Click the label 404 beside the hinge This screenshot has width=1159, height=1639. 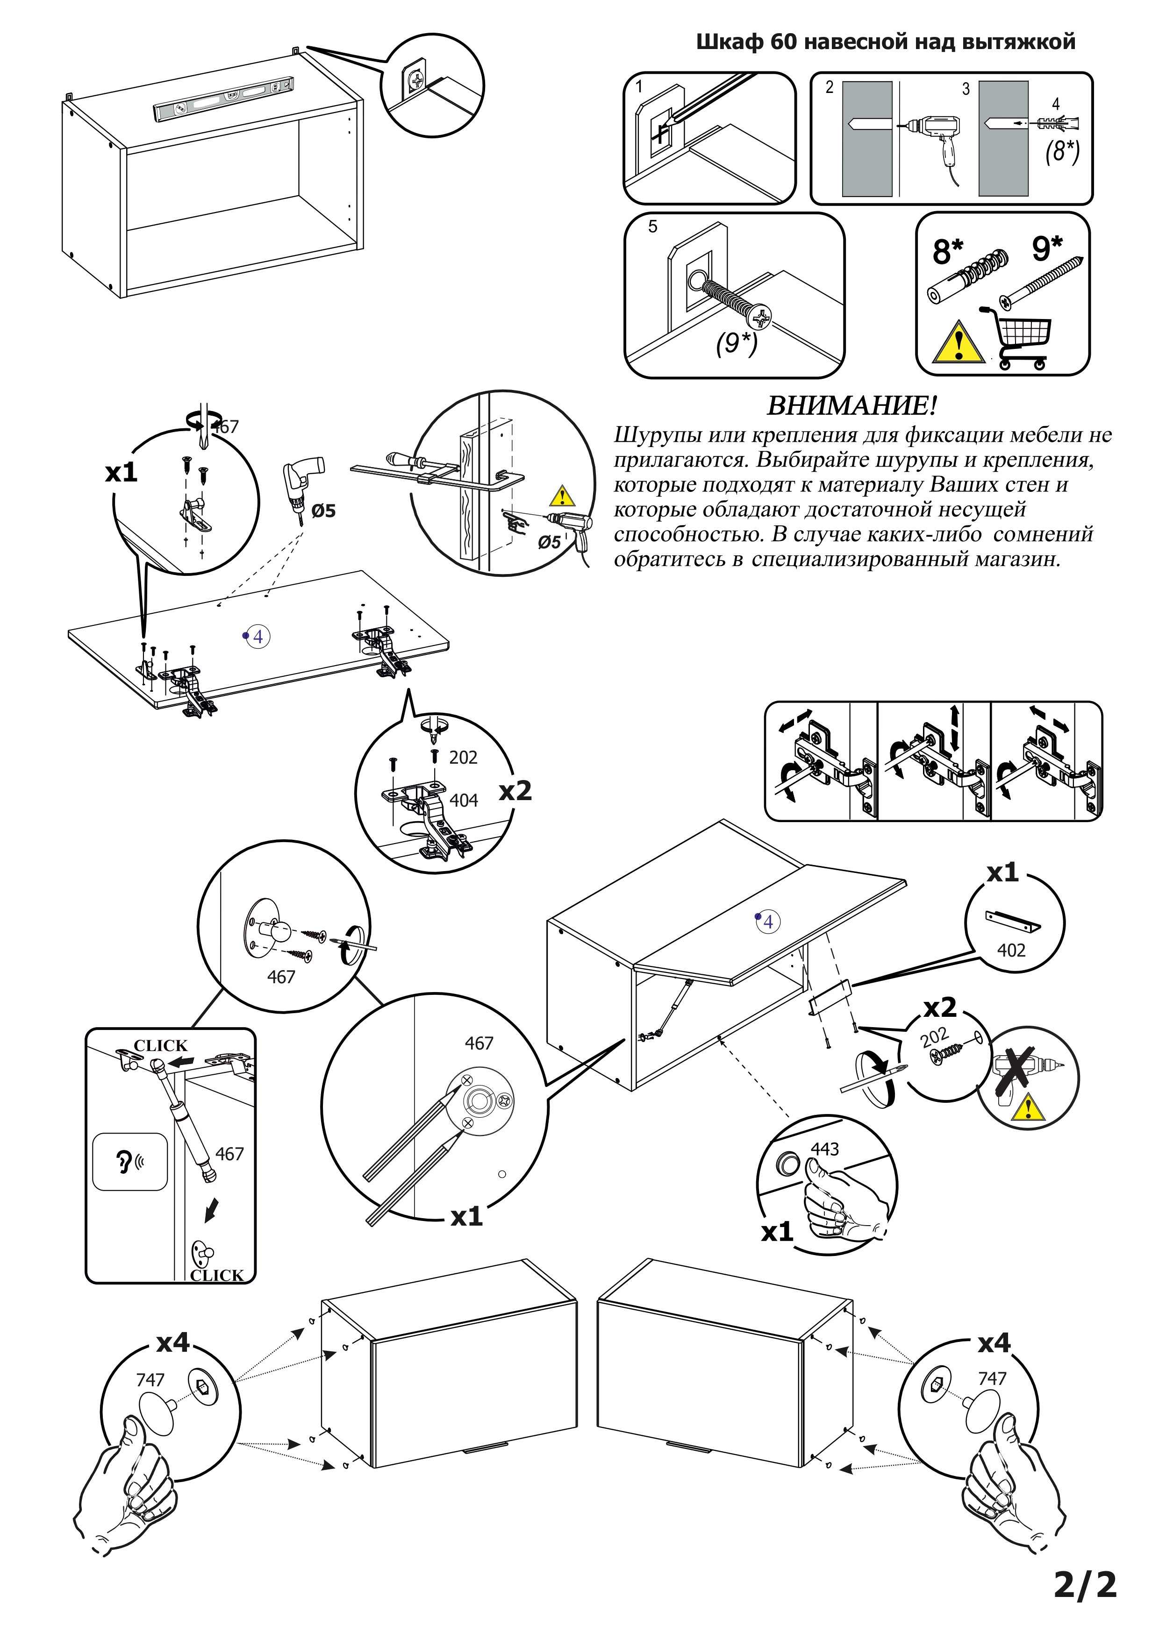click(464, 801)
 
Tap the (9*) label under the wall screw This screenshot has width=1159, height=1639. click(736, 343)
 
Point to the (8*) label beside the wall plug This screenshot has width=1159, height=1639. click(1062, 151)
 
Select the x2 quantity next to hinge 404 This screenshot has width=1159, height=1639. click(515, 791)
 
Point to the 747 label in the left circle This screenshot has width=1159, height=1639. click(150, 1380)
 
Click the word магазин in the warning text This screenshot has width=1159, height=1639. click(1016, 559)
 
